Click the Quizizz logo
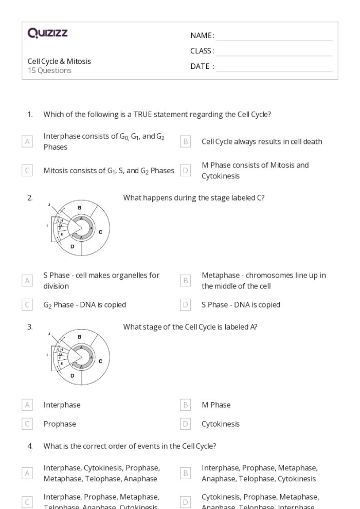coord(47,34)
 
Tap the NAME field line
coord(274,36)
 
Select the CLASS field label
coord(203,51)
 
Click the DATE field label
coord(203,66)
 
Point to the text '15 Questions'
coord(49,71)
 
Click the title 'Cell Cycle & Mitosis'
coord(59,61)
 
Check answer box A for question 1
coord(27,141)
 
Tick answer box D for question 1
coord(185,170)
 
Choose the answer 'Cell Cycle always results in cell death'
coord(262,141)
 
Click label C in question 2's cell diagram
coord(100,232)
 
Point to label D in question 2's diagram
coord(72,247)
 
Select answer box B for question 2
coord(185,280)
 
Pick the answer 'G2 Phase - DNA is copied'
coord(84,305)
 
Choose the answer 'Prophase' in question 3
coord(59,424)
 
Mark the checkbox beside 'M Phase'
coord(185,405)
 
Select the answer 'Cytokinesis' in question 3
coord(220,424)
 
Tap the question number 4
coord(30,446)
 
